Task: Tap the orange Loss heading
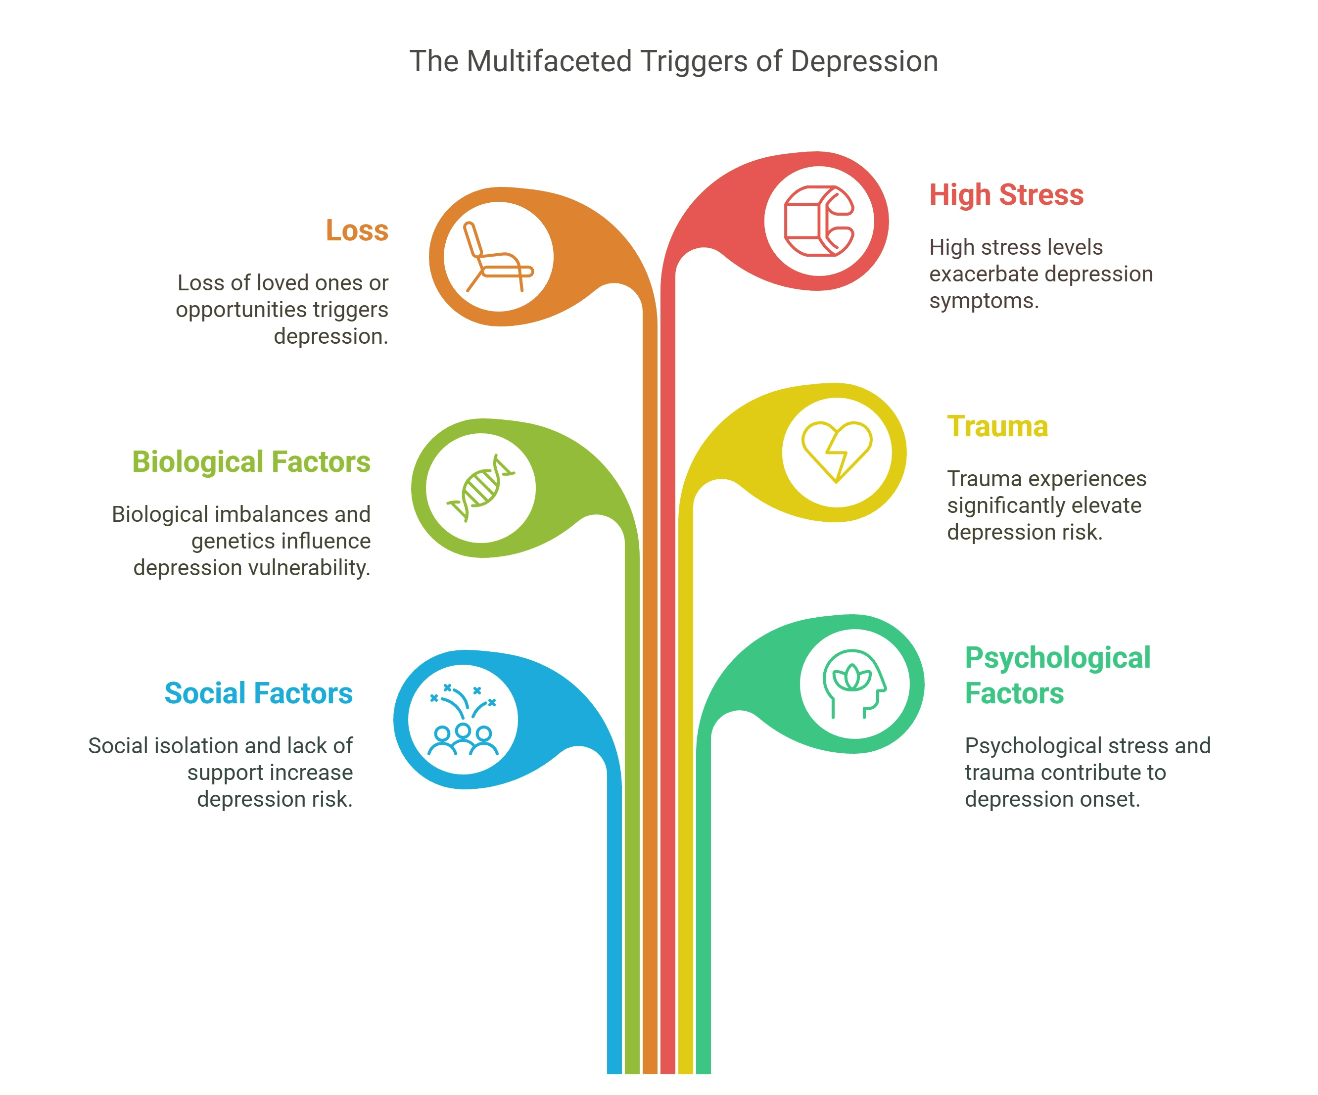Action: click(357, 230)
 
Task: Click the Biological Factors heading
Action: click(251, 462)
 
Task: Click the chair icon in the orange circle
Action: click(498, 257)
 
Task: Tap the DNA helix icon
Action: click(481, 488)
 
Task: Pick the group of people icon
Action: click(463, 721)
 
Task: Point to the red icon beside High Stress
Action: click(819, 221)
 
